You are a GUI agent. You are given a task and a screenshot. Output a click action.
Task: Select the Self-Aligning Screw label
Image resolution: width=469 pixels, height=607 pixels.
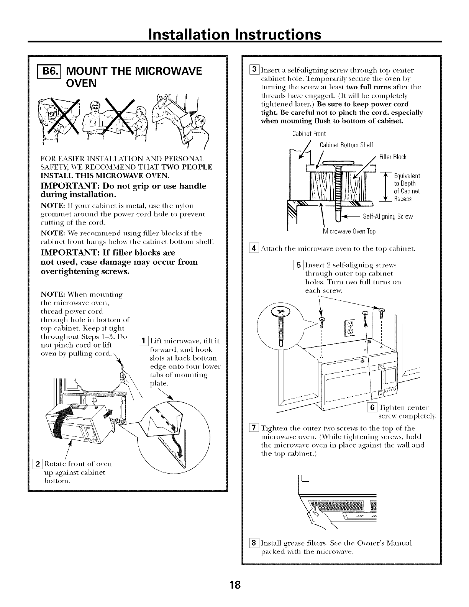point(387,217)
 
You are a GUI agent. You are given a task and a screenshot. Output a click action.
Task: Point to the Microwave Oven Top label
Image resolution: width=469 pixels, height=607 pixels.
point(349,231)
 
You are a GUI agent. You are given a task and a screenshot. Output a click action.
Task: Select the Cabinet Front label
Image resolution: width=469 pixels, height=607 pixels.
point(309,134)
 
